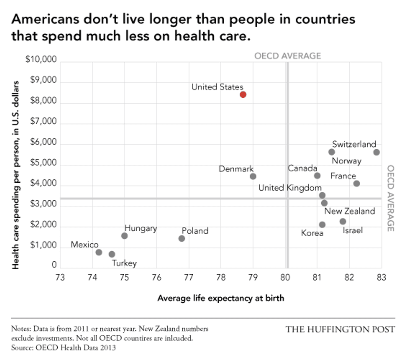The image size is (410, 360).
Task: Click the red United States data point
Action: point(243,94)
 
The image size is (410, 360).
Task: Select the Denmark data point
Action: point(253,176)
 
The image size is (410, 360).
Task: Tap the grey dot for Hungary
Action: point(124,236)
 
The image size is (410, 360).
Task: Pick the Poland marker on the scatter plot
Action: point(182,238)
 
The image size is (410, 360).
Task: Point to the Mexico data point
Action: point(99,252)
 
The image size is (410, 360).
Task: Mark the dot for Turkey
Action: point(112,254)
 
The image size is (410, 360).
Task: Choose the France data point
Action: point(356,184)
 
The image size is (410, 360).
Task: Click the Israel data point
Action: point(343,221)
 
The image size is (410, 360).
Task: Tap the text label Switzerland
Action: point(354,144)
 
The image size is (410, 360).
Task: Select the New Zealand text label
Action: point(350,211)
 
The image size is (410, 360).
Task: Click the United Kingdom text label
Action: point(290,188)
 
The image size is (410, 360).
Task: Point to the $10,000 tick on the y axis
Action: point(41,60)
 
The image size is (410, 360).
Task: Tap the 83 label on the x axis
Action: point(381,277)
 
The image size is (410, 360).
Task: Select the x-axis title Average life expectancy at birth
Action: point(220,298)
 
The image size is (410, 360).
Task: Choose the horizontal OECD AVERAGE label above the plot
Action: point(287,56)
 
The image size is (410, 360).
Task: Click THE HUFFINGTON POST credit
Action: point(340,329)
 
